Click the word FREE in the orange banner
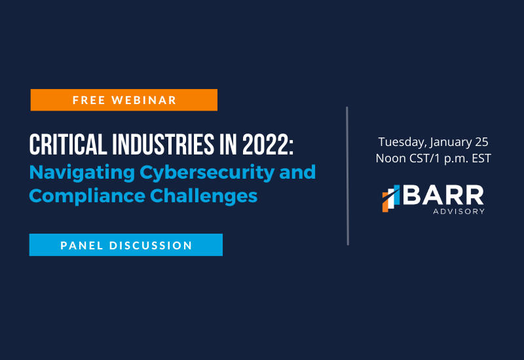89,100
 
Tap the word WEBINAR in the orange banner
143,100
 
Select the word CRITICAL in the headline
68,145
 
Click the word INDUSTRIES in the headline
163,145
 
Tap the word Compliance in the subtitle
87,196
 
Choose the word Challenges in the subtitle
204,196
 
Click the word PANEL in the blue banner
81,245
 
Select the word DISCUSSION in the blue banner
151,245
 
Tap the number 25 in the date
481,142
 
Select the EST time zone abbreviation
481,158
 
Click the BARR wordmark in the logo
443,194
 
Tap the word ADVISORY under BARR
459,211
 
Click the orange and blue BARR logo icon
391,198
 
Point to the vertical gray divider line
348,176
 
